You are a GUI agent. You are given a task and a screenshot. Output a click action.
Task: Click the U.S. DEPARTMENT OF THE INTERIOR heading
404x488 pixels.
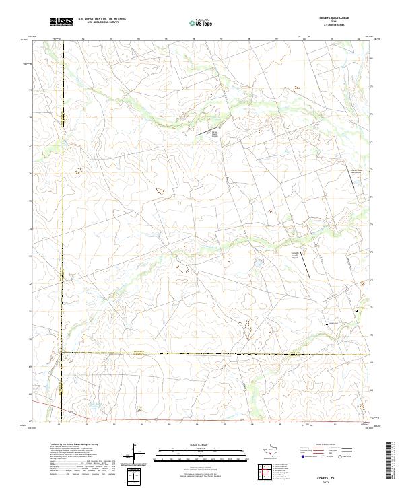[x=102, y=19]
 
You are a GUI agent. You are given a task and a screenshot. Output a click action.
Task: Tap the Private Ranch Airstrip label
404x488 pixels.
[x=215, y=133]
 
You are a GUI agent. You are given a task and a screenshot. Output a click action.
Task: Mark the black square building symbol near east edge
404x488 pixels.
[x=364, y=291]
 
